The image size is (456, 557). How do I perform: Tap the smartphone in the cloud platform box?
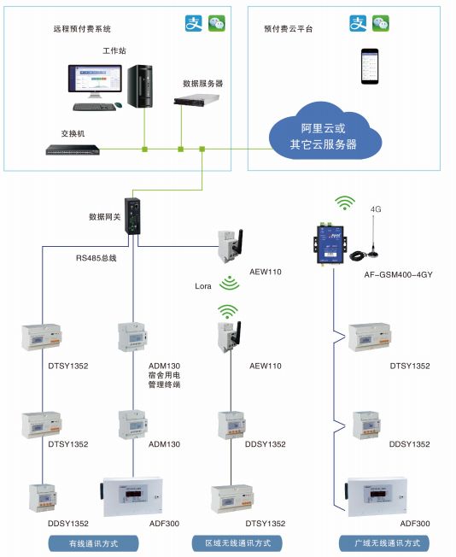tap(370, 64)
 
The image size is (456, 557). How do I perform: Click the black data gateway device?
tap(133, 216)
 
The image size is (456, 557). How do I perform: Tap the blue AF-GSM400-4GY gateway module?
tap(330, 237)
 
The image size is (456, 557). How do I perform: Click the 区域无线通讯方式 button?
tap(238, 542)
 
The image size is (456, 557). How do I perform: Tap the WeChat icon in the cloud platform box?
tap(380, 24)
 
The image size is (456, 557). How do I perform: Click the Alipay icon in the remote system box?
tap(195, 23)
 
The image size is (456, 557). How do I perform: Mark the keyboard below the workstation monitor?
tap(94, 107)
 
